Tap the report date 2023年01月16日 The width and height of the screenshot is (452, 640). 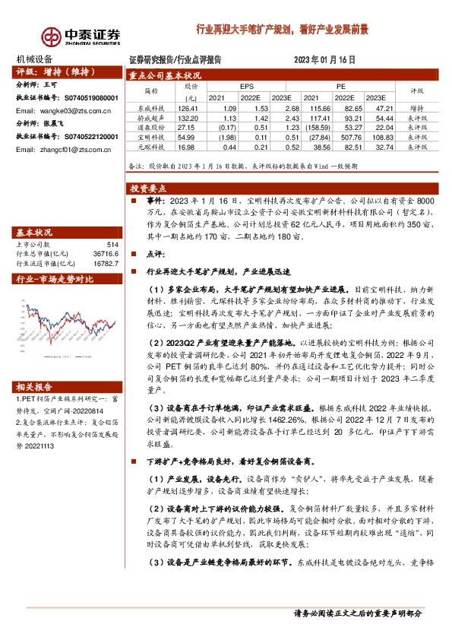(x=324, y=59)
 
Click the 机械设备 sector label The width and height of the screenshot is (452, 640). (x=35, y=59)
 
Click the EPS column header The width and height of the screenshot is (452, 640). (x=246, y=87)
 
